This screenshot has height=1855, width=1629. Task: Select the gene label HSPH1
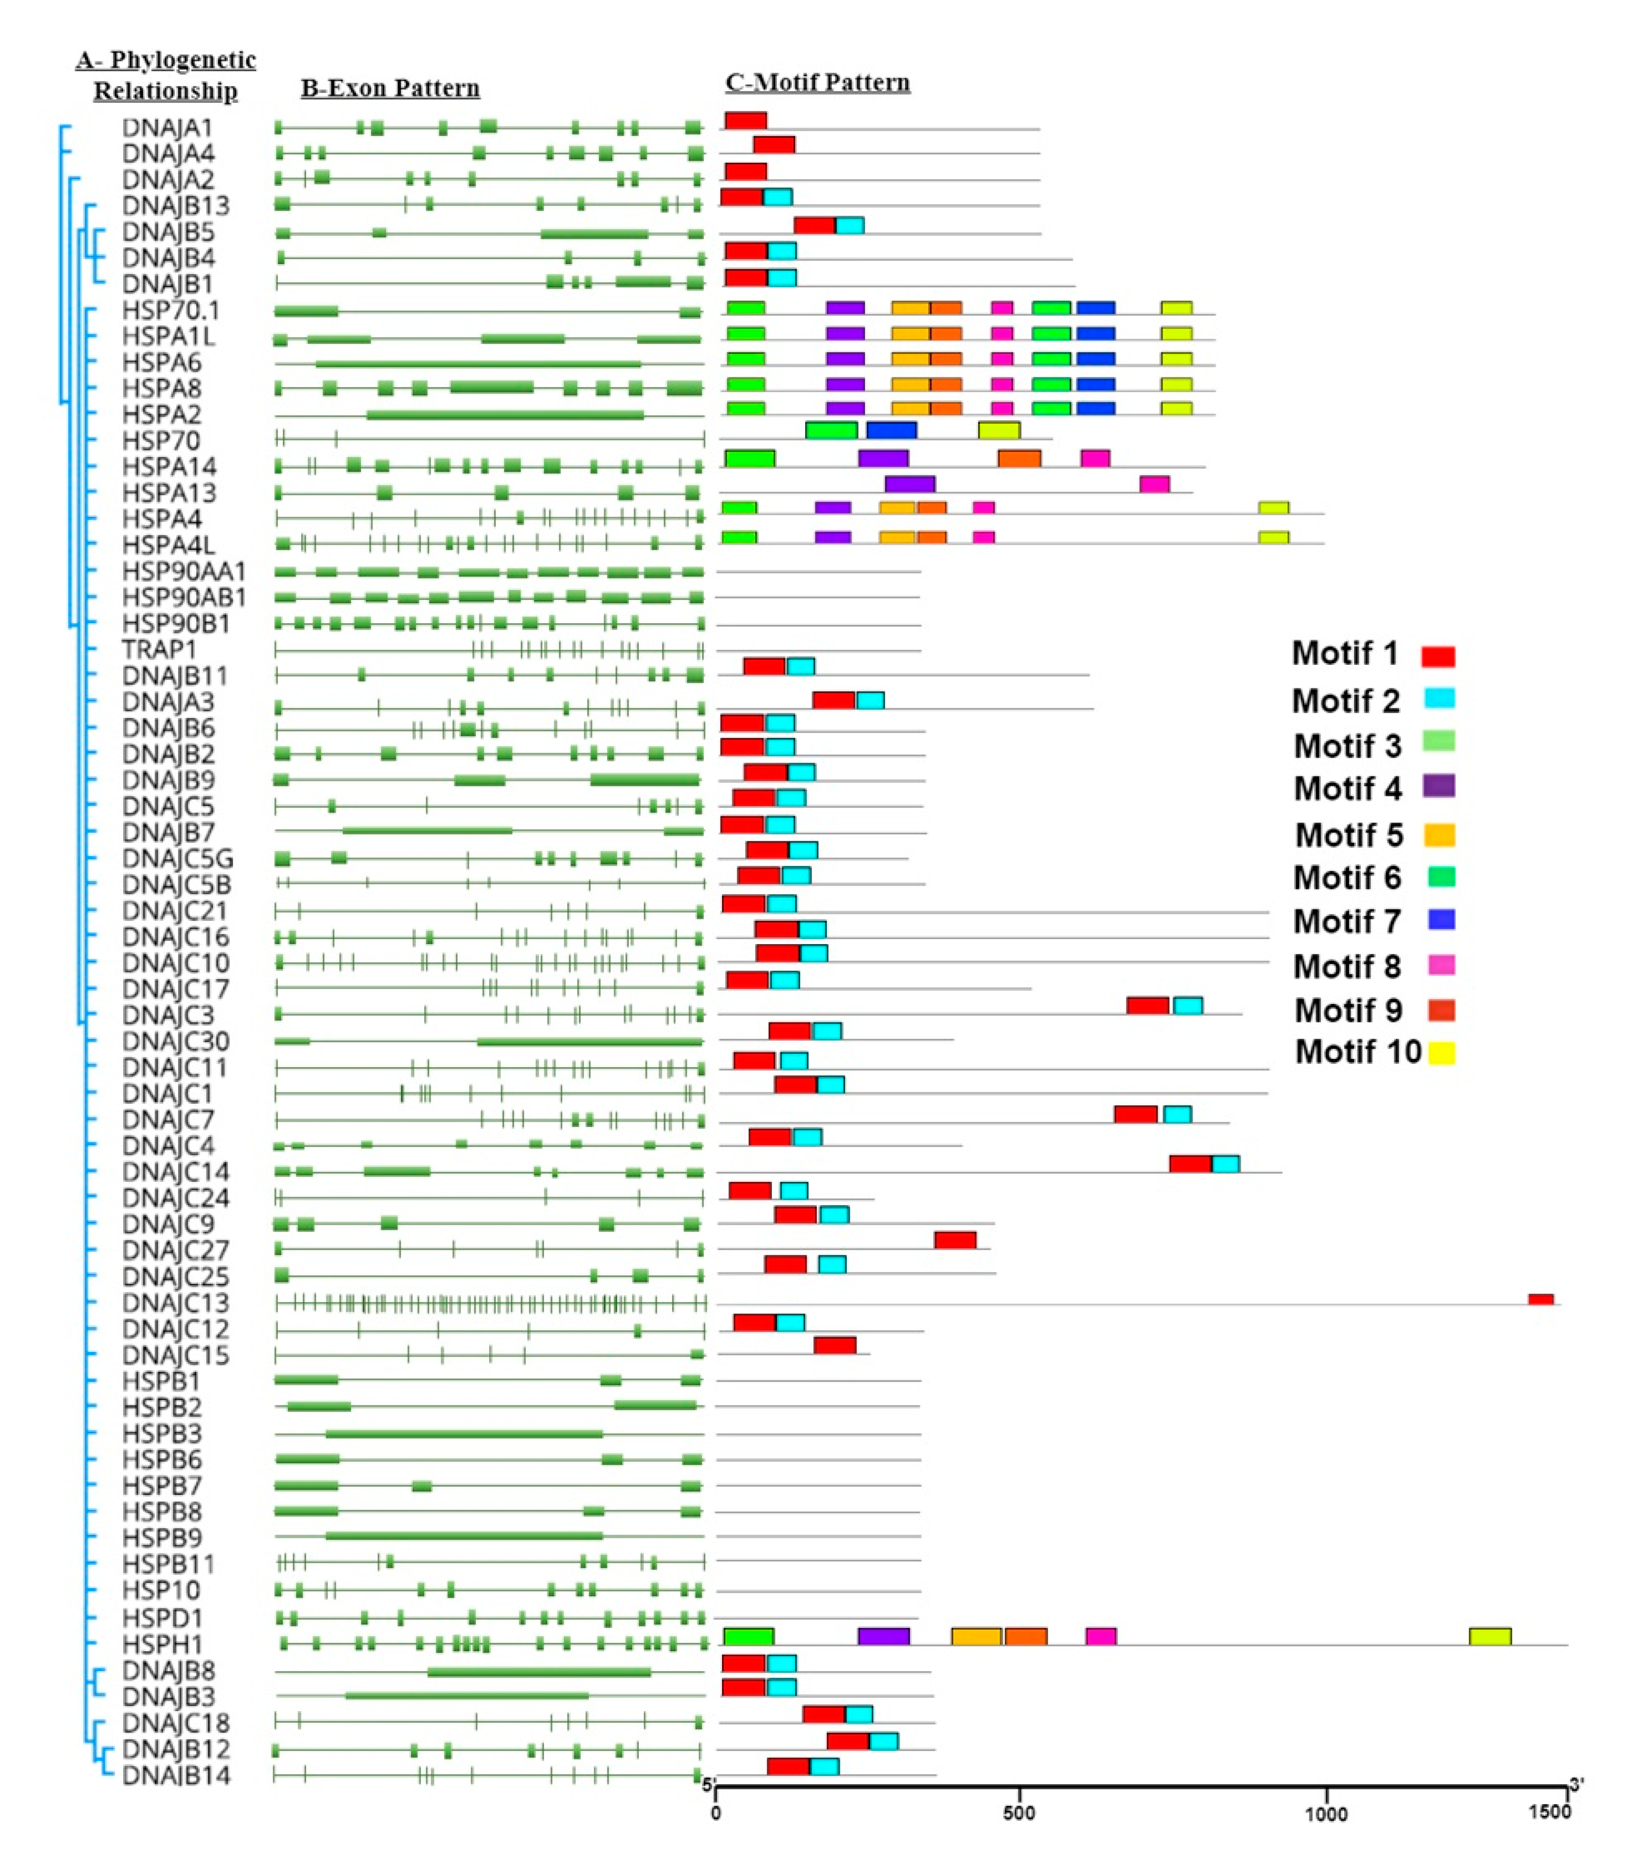[163, 1643]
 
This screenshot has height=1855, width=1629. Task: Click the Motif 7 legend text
[1347, 921]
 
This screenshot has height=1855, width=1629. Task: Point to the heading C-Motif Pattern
[817, 83]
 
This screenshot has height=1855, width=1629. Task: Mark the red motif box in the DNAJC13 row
[1540, 1300]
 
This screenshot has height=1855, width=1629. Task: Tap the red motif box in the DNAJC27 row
[955, 1240]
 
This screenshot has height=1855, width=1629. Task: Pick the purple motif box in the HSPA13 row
[909, 484]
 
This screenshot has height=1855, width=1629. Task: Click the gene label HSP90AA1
[183, 572]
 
